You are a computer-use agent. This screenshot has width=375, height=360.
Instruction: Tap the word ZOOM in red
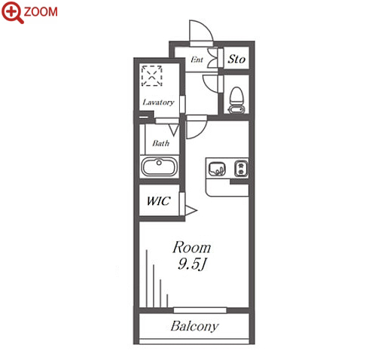point(41,12)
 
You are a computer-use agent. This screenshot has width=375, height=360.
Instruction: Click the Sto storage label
point(236,59)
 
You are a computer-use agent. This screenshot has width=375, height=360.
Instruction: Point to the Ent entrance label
point(197,59)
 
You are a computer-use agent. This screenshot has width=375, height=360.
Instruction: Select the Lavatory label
point(158,102)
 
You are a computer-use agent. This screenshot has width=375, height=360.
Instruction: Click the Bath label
point(161,143)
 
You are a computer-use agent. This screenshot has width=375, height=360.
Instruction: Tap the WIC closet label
point(159,201)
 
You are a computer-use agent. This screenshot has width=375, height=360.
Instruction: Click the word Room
point(192,248)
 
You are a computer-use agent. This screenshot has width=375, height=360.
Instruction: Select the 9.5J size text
point(192,264)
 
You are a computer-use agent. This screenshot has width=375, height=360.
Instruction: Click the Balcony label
point(194,327)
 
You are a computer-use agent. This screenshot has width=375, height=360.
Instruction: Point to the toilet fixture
point(236,100)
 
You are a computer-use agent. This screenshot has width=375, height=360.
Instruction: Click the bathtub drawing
point(160,166)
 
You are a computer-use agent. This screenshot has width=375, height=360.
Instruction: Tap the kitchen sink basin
point(217,169)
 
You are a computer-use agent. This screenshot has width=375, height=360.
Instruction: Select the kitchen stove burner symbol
point(241,168)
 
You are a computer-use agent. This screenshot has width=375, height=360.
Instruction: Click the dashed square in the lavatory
point(151,75)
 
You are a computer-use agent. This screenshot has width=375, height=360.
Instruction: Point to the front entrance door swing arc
point(206,27)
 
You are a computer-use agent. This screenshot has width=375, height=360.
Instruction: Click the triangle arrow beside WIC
point(191,210)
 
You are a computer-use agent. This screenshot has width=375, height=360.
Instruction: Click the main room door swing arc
point(201,133)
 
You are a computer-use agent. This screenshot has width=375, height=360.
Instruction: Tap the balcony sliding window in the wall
point(200,310)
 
